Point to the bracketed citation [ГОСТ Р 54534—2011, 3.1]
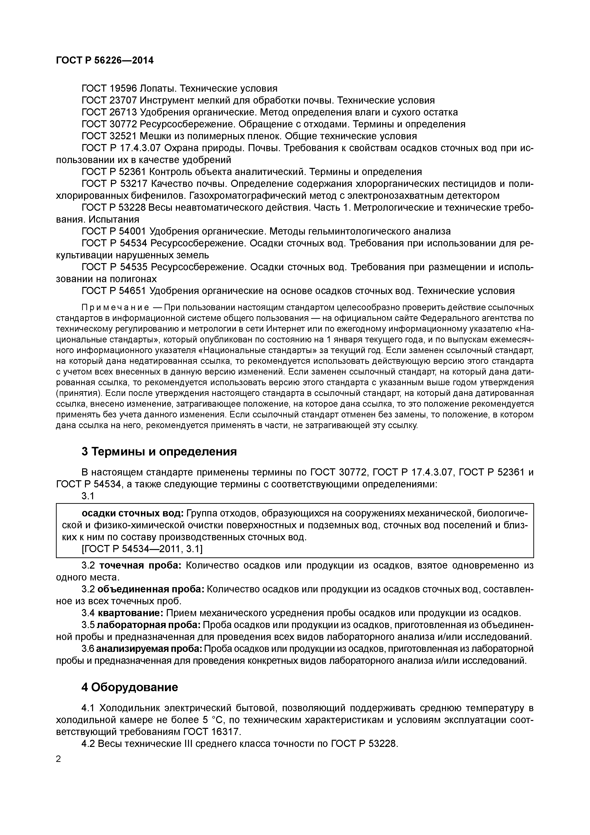coord(142,549)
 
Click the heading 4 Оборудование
coord(129,688)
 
